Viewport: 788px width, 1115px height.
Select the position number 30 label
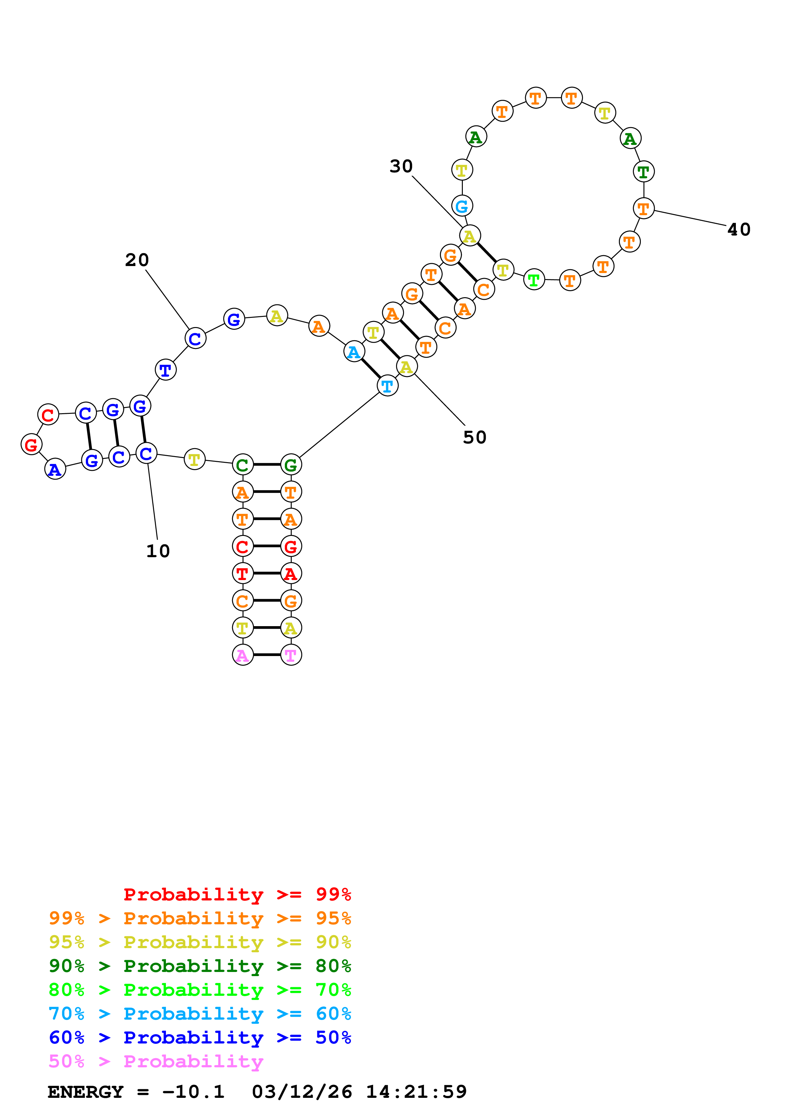point(401,166)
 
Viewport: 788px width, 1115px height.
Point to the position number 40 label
point(738,229)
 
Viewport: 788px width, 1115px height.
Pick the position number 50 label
point(474,437)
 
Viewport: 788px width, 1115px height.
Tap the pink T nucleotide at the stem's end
point(291,655)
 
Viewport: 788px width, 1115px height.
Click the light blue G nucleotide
point(462,206)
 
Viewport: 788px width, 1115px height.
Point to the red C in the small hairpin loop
point(48,415)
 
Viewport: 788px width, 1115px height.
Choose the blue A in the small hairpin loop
point(55,469)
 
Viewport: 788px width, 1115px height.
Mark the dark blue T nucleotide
point(166,370)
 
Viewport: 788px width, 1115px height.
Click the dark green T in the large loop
point(643,171)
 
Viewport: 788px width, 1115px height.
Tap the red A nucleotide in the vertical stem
point(291,573)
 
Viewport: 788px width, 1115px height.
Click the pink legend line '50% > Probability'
point(156,1061)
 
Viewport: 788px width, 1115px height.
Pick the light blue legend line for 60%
point(200,1014)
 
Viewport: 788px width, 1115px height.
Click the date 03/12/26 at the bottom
point(302,1092)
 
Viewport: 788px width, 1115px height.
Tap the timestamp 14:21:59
point(416,1092)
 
